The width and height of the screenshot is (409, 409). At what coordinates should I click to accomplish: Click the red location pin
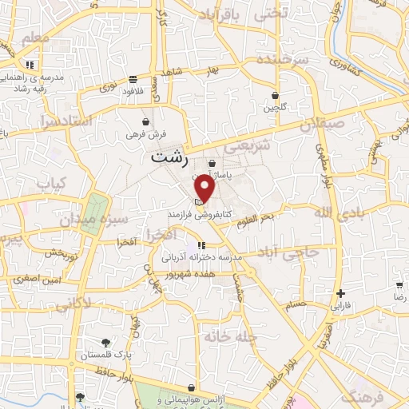tap(205, 189)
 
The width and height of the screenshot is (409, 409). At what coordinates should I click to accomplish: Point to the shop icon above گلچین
tap(276, 95)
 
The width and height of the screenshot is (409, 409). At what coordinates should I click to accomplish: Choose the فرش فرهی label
tap(143, 135)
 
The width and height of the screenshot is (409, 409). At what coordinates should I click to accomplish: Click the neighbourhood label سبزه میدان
tap(121, 217)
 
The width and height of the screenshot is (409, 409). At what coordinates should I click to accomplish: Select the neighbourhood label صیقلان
tap(324, 125)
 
